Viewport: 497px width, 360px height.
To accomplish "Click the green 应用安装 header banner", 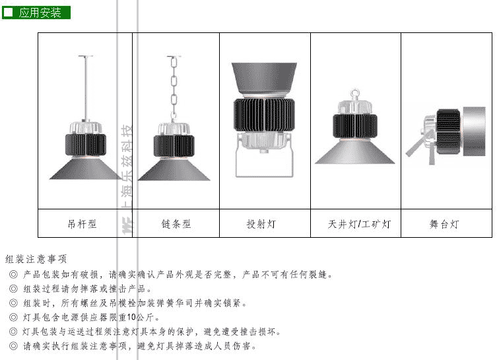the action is tap(36, 13).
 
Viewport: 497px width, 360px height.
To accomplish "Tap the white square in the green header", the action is tap(8, 13).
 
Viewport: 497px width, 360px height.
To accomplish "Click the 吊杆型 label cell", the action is tap(82, 224).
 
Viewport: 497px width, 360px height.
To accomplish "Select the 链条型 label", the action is tap(176, 224).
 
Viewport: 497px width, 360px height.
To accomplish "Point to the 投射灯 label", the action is tap(261, 224).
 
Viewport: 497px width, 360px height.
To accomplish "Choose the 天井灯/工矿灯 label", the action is tap(359, 224).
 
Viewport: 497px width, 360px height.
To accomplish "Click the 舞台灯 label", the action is tap(444, 224).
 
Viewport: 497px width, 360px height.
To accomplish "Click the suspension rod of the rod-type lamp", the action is tap(86, 88).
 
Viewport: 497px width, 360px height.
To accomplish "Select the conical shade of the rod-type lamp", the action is tap(86, 168).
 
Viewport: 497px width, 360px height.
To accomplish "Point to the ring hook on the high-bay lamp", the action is tap(355, 94).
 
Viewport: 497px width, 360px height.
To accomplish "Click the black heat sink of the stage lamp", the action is tap(449, 131).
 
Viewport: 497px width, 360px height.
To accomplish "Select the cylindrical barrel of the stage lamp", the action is tap(474, 131).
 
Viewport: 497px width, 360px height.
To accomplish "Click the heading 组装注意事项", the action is tap(36, 259).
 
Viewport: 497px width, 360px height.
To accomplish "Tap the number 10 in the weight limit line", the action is tap(131, 317).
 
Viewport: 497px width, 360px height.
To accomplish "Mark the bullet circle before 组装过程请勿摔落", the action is tap(13, 289).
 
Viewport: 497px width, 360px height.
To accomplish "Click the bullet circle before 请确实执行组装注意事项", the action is tap(13, 345).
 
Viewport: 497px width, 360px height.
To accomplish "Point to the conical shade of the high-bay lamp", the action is tap(355, 152).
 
